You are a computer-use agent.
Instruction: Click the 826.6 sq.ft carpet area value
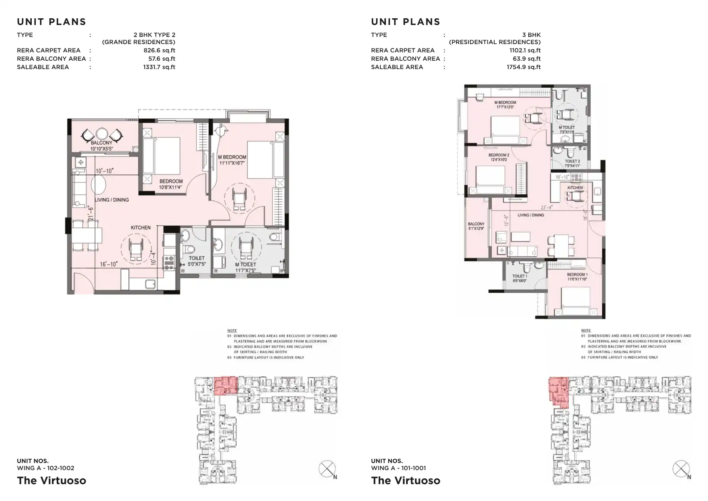[x=159, y=50]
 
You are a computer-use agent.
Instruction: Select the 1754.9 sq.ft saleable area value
[x=523, y=67]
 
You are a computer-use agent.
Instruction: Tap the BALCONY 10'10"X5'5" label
[x=102, y=146]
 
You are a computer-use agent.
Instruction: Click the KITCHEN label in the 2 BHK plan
[x=141, y=227]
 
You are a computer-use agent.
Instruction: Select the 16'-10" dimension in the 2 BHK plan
[x=109, y=264]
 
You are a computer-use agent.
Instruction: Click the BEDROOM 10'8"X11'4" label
[x=171, y=184]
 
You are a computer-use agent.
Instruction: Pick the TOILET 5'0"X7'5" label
[x=196, y=261]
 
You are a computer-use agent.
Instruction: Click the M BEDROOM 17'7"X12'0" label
[x=505, y=105]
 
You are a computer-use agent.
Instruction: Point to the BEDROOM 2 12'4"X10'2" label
[x=499, y=157]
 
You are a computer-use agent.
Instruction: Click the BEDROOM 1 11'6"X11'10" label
[x=577, y=277]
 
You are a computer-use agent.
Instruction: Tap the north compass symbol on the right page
[x=681, y=469]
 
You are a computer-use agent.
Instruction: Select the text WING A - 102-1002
[x=46, y=468]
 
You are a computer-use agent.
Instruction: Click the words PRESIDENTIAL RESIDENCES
[x=495, y=42]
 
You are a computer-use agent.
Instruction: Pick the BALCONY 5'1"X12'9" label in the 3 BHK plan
[x=476, y=226]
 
